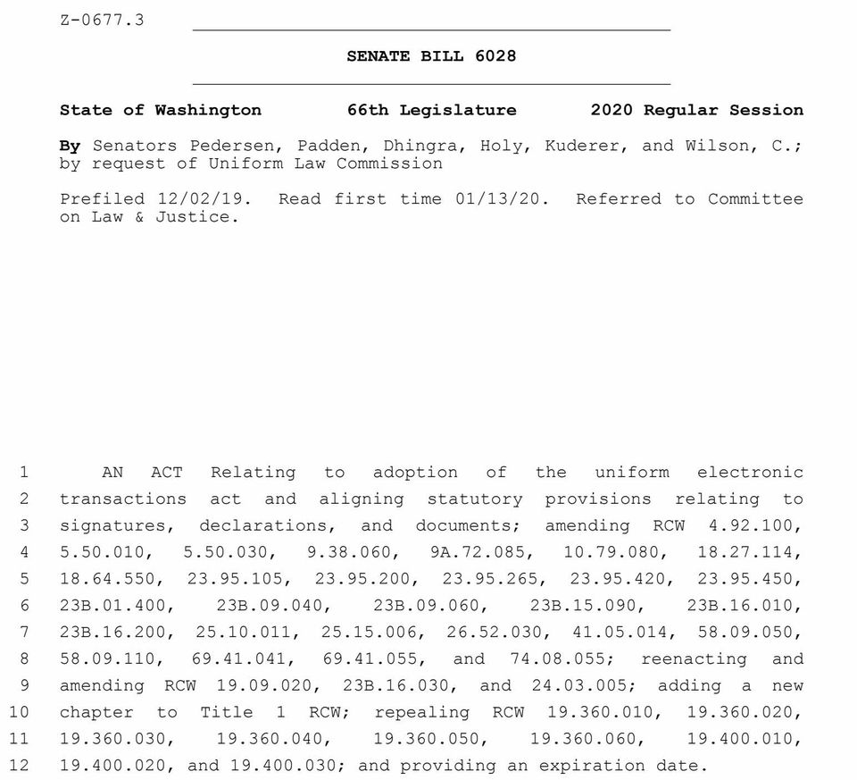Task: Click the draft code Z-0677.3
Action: [x=102, y=20]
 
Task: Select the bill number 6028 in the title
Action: [x=495, y=56]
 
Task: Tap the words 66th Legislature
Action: [x=431, y=111]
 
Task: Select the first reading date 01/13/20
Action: [x=497, y=199]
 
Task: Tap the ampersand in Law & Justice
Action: [x=139, y=217]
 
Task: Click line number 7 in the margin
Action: [x=24, y=633]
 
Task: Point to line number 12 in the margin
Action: [x=20, y=766]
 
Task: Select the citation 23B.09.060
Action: [x=430, y=606]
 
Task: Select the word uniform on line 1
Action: [x=632, y=473]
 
